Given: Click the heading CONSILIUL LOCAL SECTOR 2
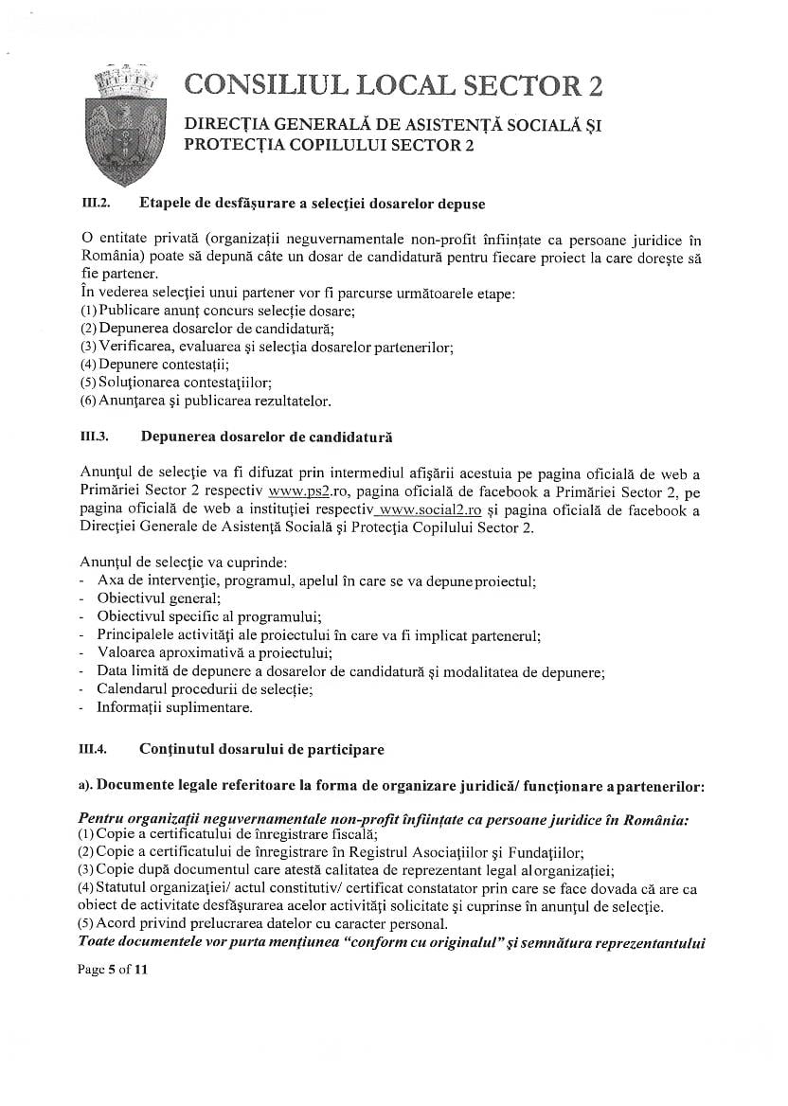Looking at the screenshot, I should [x=393, y=85].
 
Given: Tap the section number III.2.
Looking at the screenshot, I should [x=96, y=204].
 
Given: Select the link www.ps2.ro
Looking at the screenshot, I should [x=297, y=493].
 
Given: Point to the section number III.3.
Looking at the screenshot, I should [x=96, y=437].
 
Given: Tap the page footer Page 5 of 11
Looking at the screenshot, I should [x=114, y=970].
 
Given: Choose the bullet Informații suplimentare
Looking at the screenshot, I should [x=174, y=707].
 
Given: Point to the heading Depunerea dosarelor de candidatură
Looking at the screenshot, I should [x=266, y=437].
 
